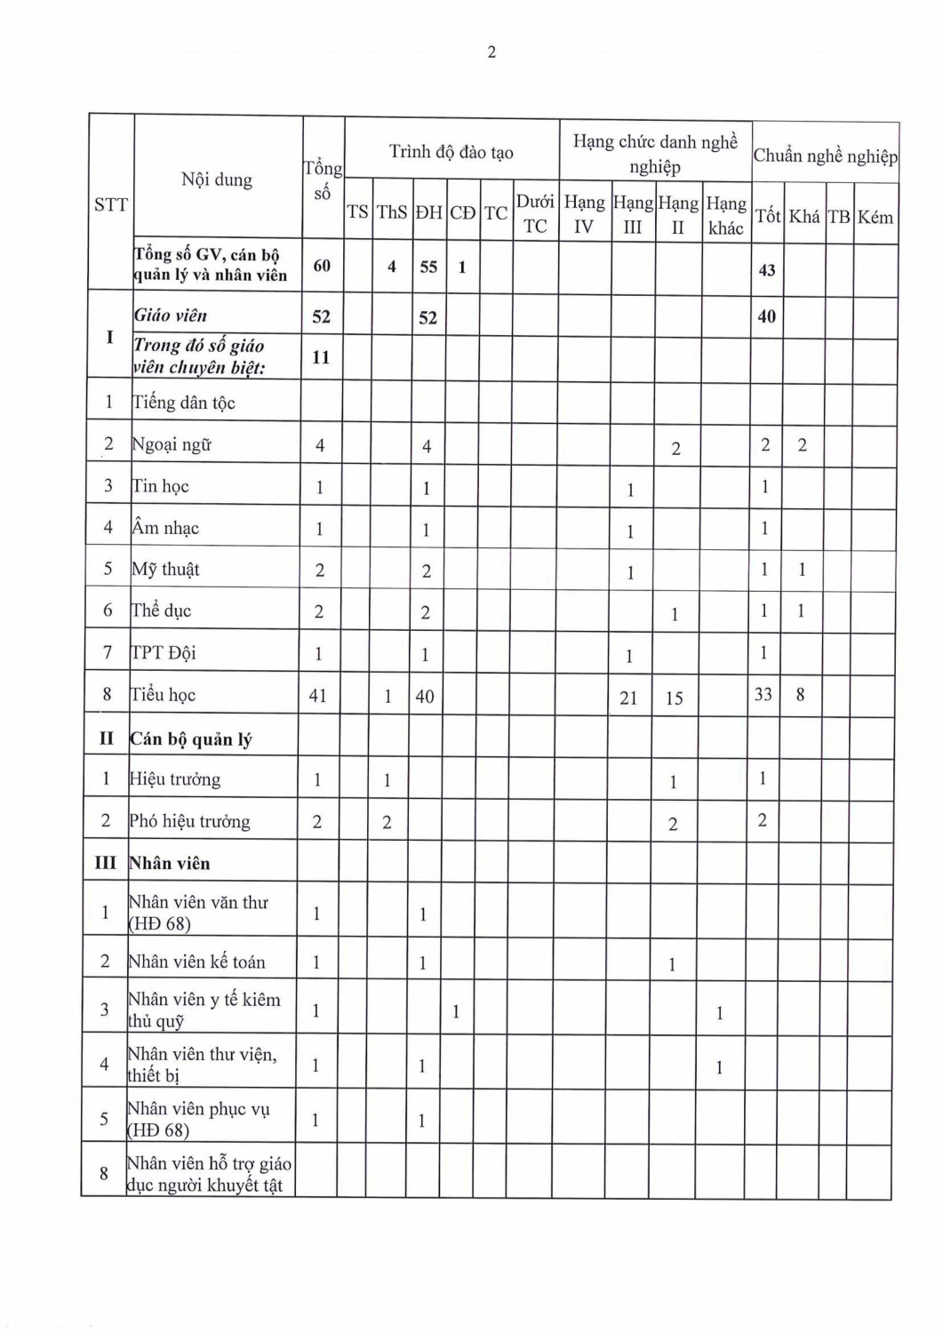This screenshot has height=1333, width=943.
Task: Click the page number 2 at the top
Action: pyautogui.click(x=491, y=52)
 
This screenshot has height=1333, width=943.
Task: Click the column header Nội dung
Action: pyautogui.click(x=217, y=180)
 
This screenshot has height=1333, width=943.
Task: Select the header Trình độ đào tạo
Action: pyautogui.click(x=452, y=152)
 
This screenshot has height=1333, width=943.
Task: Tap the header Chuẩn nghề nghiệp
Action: pyautogui.click(x=825, y=156)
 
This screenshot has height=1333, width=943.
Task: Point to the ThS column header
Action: pyautogui.click(x=392, y=212)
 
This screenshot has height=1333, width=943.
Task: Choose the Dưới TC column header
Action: pyautogui.click(x=535, y=213)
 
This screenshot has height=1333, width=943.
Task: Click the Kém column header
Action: pyautogui.click(x=875, y=217)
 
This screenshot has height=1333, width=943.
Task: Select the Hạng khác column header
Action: pyautogui.click(x=725, y=215)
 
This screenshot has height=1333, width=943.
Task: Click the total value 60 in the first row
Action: pyautogui.click(x=322, y=266)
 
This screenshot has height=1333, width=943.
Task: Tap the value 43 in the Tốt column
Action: pyautogui.click(x=766, y=270)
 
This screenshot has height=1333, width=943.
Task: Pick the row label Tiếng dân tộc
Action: pyautogui.click(x=184, y=403)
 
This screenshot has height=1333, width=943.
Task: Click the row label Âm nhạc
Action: pyautogui.click(x=165, y=528)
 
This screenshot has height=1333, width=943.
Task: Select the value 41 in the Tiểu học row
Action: pyautogui.click(x=318, y=696)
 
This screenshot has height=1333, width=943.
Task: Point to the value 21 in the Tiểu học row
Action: pyautogui.click(x=628, y=698)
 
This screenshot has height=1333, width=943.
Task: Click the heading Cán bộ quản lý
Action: pyautogui.click(x=191, y=739)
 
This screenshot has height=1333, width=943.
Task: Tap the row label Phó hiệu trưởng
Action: pyautogui.click(x=189, y=821)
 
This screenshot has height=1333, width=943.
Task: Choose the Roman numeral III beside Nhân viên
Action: pyautogui.click(x=105, y=863)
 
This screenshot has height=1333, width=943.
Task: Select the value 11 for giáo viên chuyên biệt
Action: pyautogui.click(x=321, y=357)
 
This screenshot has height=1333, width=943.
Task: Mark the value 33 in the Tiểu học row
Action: pyautogui.click(x=763, y=694)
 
